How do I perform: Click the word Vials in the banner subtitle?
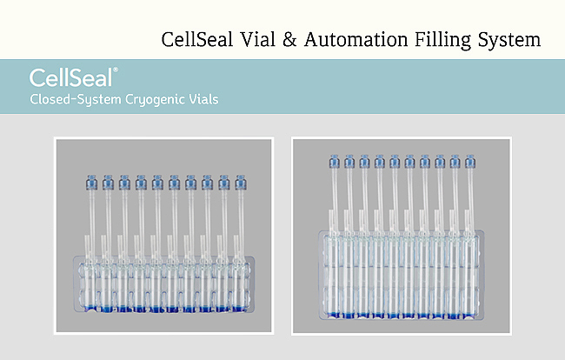tap(205, 99)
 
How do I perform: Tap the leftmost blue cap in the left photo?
tap(91, 183)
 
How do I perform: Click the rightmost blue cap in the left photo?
tap(240, 183)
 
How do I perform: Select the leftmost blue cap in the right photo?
tap(334, 161)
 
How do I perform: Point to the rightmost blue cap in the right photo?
tap(470, 161)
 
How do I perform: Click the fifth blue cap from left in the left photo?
tap(157, 183)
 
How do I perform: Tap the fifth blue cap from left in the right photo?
tap(395, 161)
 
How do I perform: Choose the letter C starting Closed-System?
tap(35, 99)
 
